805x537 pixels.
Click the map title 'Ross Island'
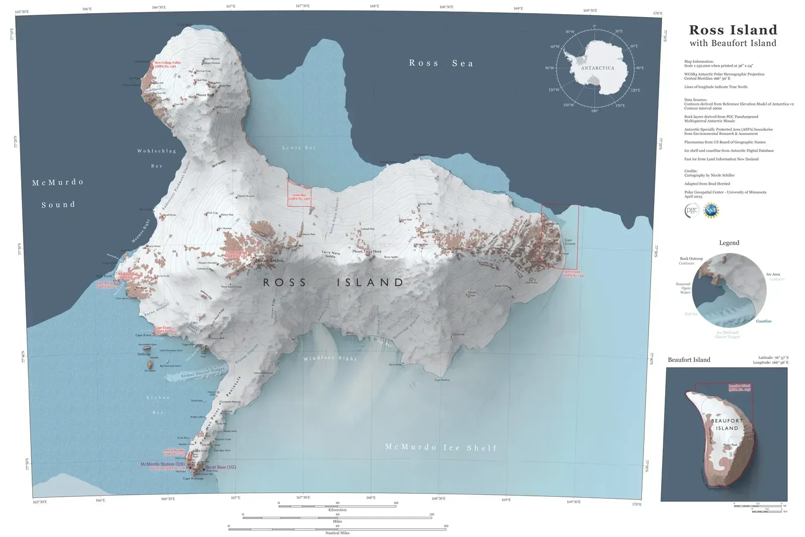pos(733,30)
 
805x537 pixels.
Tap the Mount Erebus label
pos(270,261)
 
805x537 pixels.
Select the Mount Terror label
pos(451,249)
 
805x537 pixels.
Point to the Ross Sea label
pos(441,63)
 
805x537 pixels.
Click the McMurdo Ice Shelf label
pos(441,447)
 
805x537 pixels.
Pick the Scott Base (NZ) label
pos(221,468)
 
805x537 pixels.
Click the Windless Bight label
pos(330,358)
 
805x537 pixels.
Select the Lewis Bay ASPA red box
pos(299,192)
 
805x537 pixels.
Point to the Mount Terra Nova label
pos(367,251)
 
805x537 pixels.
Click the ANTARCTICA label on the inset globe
pos(598,68)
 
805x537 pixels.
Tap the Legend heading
pos(729,243)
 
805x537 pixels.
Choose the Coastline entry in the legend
pos(763,321)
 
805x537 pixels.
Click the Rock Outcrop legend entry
pos(691,259)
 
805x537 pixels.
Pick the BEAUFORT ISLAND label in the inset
pos(727,424)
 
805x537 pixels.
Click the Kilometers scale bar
pos(337,506)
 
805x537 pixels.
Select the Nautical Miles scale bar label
pos(337,532)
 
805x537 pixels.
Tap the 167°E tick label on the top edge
pos(230,8)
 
